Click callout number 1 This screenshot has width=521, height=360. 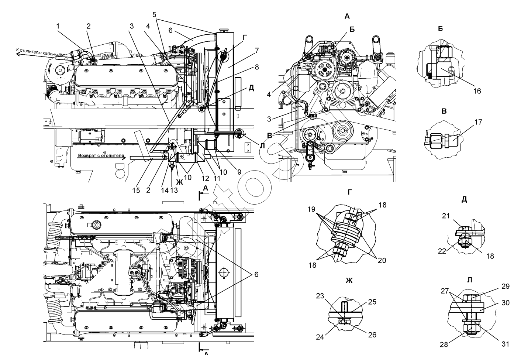(x=58, y=26)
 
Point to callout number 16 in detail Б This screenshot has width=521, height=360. (x=477, y=91)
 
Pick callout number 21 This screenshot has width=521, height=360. (x=446, y=216)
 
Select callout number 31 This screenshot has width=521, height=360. (x=506, y=344)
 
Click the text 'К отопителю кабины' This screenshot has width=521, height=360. (x=37, y=51)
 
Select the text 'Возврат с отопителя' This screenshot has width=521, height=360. (x=100, y=156)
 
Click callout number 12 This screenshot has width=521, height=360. (x=206, y=178)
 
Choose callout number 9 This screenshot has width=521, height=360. (x=239, y=172)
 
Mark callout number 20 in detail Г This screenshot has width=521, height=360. (x=382, y=260)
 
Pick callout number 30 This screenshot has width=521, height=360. (x=506, y=303)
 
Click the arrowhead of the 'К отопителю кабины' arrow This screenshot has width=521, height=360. (x=17, y=54)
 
